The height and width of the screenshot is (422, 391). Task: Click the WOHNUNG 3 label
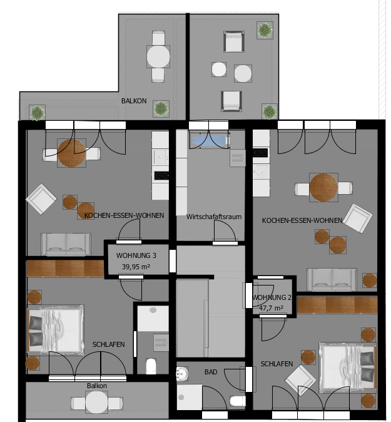point(136,255)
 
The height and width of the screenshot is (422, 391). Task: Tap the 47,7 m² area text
point(271,307)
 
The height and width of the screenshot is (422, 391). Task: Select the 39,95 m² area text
point(136,267)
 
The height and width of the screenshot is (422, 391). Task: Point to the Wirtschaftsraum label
point(214,217)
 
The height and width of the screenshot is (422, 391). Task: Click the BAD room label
point(211,372)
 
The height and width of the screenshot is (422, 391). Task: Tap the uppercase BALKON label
point(134,101)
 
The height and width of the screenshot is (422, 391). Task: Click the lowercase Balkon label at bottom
point(97,386)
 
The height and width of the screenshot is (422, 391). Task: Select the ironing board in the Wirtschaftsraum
point(209,141)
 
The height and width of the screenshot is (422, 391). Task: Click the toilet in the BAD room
point(238,401)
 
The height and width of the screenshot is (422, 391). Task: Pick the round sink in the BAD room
point(182,374)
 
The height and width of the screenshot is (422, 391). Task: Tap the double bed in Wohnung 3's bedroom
point(56,329)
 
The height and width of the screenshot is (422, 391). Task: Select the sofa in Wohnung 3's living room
point(66,244)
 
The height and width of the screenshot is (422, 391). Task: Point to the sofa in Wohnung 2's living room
point(332,279)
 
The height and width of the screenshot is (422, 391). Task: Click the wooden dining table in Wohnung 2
point(323,187)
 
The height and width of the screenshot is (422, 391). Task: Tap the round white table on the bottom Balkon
point(97,403)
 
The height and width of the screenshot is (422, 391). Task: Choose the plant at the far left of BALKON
point(37,113)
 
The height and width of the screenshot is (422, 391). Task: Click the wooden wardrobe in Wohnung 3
point(65,269)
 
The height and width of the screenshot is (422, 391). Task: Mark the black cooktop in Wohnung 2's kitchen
point(260,153)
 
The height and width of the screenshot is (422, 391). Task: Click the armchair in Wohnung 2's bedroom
point(301,380)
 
